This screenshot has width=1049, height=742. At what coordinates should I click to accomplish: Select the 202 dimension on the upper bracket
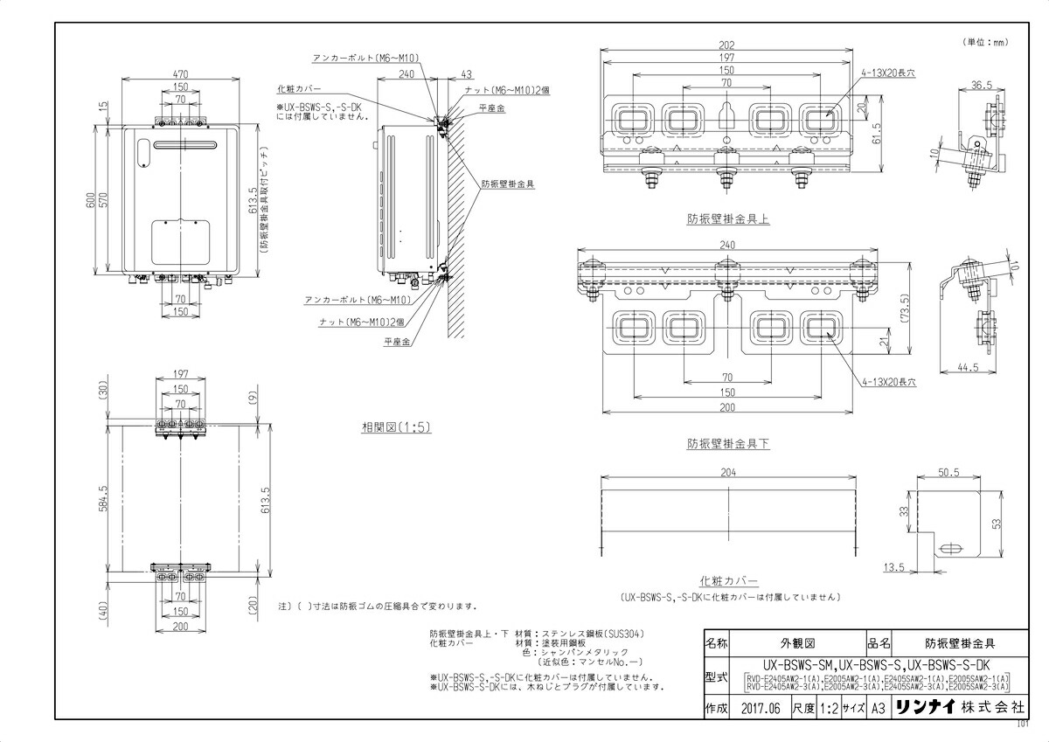tap(726, 45)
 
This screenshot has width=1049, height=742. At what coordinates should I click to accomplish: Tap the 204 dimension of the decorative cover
tap(727, 473)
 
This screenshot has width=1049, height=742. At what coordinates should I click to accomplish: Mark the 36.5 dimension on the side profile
tap(981, 86)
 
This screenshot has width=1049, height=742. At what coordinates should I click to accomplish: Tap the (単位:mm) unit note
tap(986, 41)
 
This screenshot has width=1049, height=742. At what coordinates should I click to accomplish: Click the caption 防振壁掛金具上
tap(727, 220)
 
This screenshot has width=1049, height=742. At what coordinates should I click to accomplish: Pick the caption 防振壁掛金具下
tap(727, 444)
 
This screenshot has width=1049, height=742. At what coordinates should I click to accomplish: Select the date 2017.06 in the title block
tap(759, 709)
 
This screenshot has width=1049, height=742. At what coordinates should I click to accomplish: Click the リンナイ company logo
tap(928, 709)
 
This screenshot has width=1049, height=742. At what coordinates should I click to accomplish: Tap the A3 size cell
tap(880, 709)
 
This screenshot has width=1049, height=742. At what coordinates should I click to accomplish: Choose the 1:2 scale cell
tap(828, 709)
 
